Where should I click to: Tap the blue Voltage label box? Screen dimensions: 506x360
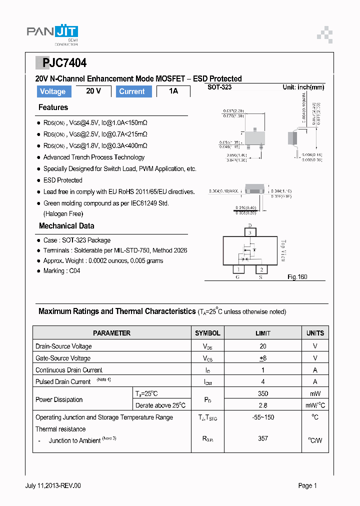click(52, 91)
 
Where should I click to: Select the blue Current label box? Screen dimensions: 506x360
click(132, 91)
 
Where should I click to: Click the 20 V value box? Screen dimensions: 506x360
click(93, 91)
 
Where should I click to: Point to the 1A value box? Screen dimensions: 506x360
click(173, 91)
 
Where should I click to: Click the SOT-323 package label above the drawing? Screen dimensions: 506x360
click(219, 87)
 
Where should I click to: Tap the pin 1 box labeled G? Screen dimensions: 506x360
click(239, 269)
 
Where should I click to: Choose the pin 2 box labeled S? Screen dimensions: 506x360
click(261, 269)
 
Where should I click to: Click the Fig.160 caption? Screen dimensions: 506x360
click(297, 276)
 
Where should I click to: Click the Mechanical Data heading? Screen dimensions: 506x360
click(66, 226)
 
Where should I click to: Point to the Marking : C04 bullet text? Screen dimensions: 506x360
click(61, 271)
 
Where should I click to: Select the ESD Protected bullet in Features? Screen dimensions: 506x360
click(62, 180)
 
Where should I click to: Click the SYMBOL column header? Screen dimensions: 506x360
click(207, 333)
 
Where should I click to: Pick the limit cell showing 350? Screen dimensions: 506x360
click(263, 393)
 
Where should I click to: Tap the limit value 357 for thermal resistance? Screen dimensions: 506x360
click(263, 438)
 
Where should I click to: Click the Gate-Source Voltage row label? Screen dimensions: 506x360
click(63, 358)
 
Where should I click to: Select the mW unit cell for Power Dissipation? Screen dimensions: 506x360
click(315, 393)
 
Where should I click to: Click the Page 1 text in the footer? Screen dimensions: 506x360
click(307, 485)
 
